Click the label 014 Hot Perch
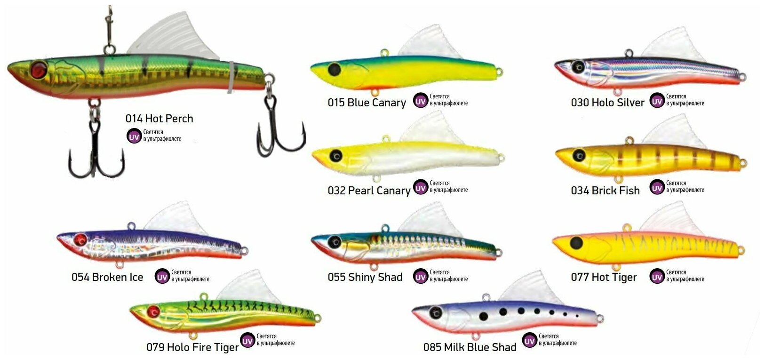159,119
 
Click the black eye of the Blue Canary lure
334,69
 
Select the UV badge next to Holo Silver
657,101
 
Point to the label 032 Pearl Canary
369,191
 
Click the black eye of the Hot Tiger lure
576,243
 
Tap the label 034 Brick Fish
605,191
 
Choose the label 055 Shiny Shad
365,277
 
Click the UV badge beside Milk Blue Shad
530,341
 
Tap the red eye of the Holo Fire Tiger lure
153,311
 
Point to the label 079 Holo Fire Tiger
192,347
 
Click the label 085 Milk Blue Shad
470,347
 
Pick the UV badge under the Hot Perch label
134,136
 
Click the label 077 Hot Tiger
604,277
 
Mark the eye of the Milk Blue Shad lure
436,311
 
